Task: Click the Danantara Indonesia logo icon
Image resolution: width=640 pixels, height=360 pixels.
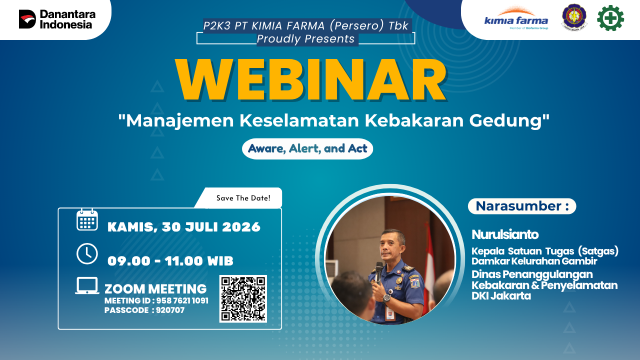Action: [x=27, y=19]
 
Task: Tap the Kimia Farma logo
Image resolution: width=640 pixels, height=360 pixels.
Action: [x=516, y=18]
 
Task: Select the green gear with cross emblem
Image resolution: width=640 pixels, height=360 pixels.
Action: [x=610, y=18]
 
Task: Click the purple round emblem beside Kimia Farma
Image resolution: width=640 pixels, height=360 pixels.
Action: [x=574, y=17]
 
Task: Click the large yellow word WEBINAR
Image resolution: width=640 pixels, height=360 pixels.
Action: [x=311, y=80]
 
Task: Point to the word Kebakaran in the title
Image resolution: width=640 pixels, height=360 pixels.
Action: [x=414, y=120]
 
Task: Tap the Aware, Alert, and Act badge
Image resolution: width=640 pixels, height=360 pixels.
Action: [x=307, y=148]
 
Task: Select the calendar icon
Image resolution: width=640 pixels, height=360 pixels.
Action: [x=87, y=219]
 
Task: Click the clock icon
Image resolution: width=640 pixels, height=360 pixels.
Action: [x=87, y=253]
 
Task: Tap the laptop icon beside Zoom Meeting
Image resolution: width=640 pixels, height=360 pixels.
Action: [x=87, y=285]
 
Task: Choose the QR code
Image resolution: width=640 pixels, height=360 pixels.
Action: [x=243, y=299]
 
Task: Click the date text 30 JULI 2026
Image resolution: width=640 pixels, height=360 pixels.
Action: [x=211, y=227]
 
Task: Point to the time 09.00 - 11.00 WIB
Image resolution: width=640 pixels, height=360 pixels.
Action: [x=170, y=261]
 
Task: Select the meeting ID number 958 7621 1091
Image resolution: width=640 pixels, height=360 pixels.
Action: [x=182, y=301]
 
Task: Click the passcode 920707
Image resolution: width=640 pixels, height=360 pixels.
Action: [x=170, y=310]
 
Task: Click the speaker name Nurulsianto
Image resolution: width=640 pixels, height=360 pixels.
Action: [x=505, y=234]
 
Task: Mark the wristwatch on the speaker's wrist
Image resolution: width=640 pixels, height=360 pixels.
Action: [x=386, y=297]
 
